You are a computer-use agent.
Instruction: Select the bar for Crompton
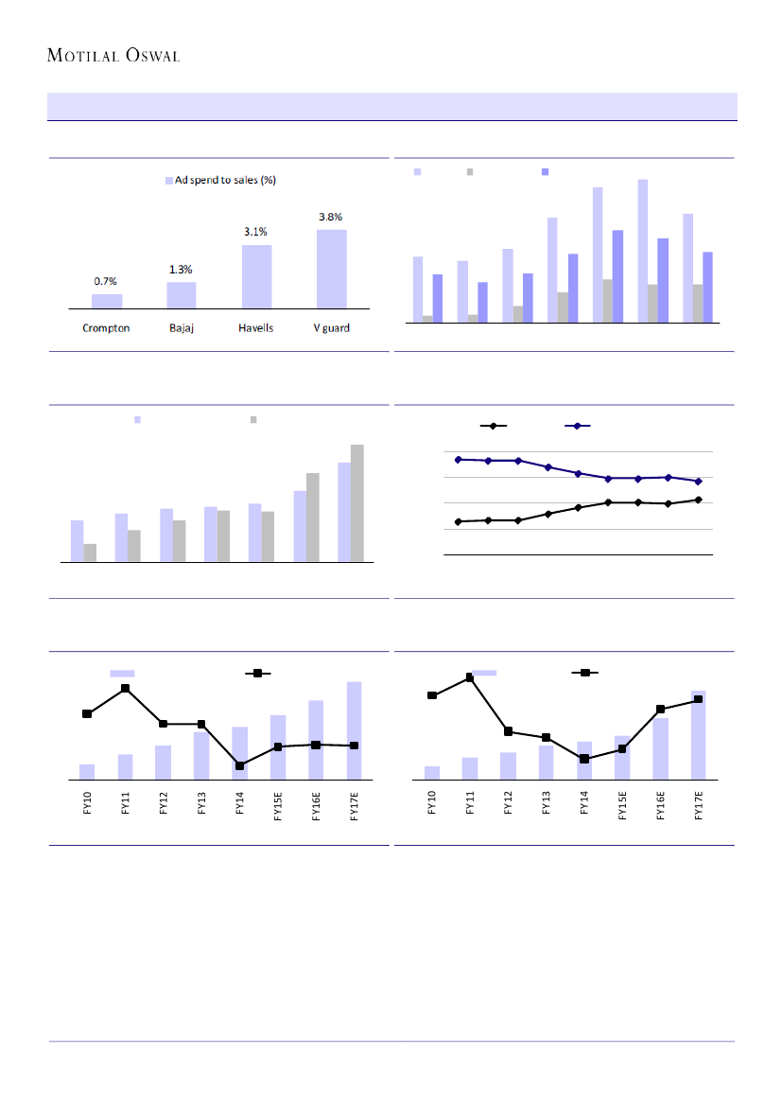coord(107,301)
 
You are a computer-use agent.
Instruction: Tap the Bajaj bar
coord(182,295)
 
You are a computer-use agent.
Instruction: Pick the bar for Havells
coord(257,276)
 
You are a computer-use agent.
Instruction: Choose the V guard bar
coord(332,269)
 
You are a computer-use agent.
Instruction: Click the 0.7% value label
coord(106,281)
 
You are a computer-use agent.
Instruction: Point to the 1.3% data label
coord(181,269)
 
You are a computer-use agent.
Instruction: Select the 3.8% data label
coord(332,217)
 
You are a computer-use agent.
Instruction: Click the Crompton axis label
coord(106,328)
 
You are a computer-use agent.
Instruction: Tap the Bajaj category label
coord(182,328)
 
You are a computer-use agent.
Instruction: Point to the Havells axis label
coord(256,328)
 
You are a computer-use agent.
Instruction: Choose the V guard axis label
coord(331,328)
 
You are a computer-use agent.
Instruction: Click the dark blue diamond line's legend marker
coord(578,427)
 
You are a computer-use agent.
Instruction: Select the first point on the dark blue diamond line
coord(459,460)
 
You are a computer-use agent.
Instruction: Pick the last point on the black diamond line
coord(699,500)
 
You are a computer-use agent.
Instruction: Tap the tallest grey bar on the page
coord(356,503)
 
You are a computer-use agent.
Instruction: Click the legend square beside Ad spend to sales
coord(169,180)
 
